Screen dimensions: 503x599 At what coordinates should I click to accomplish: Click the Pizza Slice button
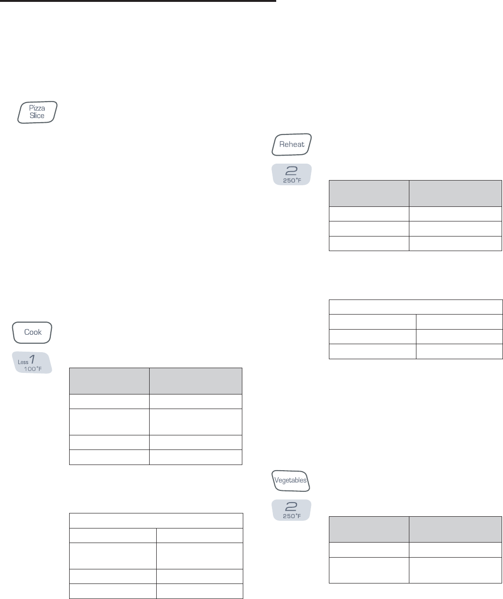point(37,112)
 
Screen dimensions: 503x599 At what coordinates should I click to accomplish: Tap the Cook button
point(32,332)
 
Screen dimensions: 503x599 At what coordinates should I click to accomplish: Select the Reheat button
point(292,144)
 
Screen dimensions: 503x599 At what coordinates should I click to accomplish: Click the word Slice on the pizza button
point(37,116)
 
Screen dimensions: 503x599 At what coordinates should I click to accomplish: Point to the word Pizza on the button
point(37,108)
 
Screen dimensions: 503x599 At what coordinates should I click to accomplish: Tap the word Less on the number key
point(23,362)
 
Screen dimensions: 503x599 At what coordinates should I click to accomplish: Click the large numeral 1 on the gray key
point(32,359)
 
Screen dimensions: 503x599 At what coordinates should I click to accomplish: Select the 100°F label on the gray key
point(33,369)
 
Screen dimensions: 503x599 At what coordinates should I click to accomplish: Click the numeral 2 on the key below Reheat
point(292,172)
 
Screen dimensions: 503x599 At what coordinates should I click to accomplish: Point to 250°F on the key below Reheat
point(292,181)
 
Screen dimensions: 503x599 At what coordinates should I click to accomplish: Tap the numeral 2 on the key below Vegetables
point(292,507)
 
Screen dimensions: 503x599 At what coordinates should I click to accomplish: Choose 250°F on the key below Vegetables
point(292,516)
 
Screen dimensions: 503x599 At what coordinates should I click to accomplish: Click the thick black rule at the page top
point(138,1)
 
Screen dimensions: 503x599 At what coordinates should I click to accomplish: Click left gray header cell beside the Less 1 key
point(109,381)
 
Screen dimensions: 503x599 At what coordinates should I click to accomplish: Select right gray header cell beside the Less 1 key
point(196,381)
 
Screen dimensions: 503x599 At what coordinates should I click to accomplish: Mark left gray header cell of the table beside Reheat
point(369,193)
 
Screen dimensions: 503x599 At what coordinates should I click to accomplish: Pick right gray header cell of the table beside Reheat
point(455,193)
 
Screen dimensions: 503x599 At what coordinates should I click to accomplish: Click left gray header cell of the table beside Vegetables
point(369,529)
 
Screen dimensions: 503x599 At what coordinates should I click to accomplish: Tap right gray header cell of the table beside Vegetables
point(455,529)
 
